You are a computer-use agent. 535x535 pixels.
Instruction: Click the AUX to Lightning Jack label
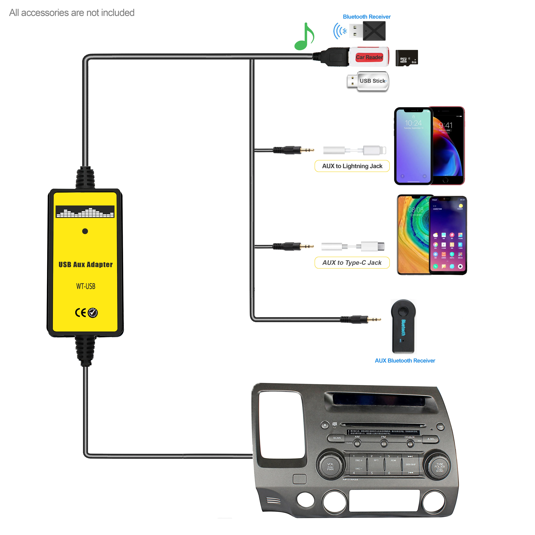click(352, 166)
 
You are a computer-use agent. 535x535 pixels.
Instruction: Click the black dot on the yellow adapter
click(85, 231)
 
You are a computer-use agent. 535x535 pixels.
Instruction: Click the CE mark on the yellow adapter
click(81, 313)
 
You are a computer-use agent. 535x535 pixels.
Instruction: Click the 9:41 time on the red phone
click(445, 125)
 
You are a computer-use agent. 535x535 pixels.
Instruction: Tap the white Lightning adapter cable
click(354, 150)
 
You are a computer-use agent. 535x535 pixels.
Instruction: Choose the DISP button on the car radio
click(440, 426)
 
